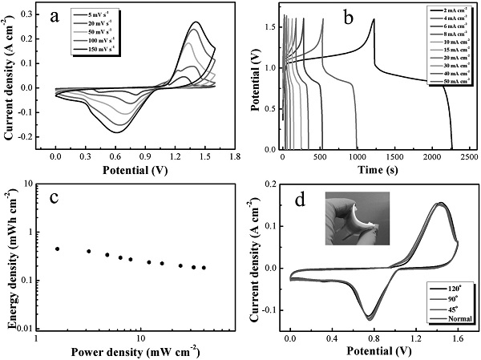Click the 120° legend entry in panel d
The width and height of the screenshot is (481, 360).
(445, 286)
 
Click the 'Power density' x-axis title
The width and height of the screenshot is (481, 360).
(135, 350)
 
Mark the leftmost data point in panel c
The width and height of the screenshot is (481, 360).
(57, 249)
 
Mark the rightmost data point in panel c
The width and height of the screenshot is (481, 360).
(204, 268)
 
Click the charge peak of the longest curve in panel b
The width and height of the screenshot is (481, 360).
(374, 19)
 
